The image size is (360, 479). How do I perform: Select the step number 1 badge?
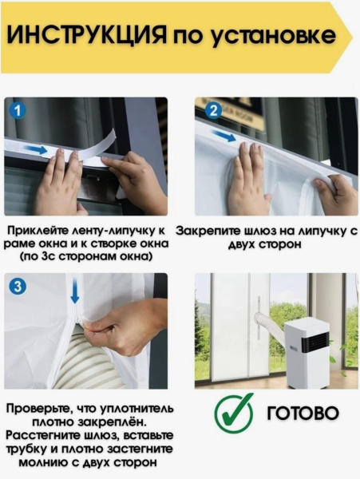click(x=18, y=110)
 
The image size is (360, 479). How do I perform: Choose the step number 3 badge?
click(x=18, y=286)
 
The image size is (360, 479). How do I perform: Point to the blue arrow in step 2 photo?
click(x=226, y=137)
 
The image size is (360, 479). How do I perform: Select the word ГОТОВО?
click(x=303, y=414)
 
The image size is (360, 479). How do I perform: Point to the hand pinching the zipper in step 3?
click(x=120, y=327)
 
